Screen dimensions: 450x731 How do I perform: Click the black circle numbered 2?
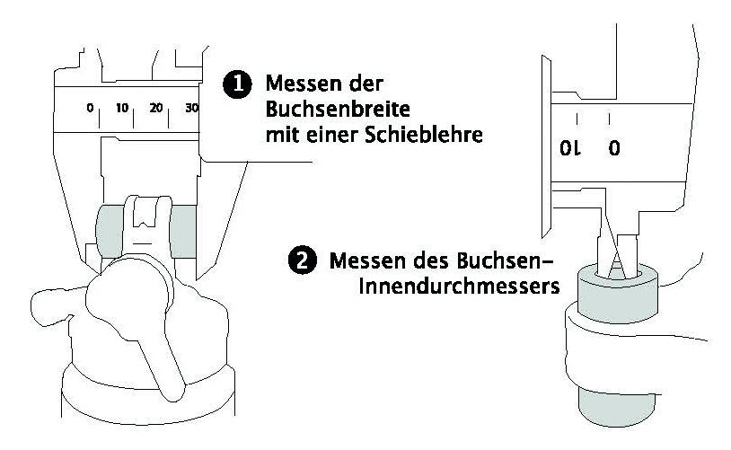point(302,261)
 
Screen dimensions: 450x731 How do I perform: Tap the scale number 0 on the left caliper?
point(90,108)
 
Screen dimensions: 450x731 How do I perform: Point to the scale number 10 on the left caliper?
point(124,108)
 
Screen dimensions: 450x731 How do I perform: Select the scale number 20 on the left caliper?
point(157,108)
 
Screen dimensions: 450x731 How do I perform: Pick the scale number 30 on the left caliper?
point(190,108)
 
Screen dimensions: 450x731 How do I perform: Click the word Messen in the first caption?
point(297,84)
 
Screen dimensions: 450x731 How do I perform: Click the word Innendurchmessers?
point(454,289)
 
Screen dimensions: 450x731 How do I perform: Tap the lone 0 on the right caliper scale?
point(614,149)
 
